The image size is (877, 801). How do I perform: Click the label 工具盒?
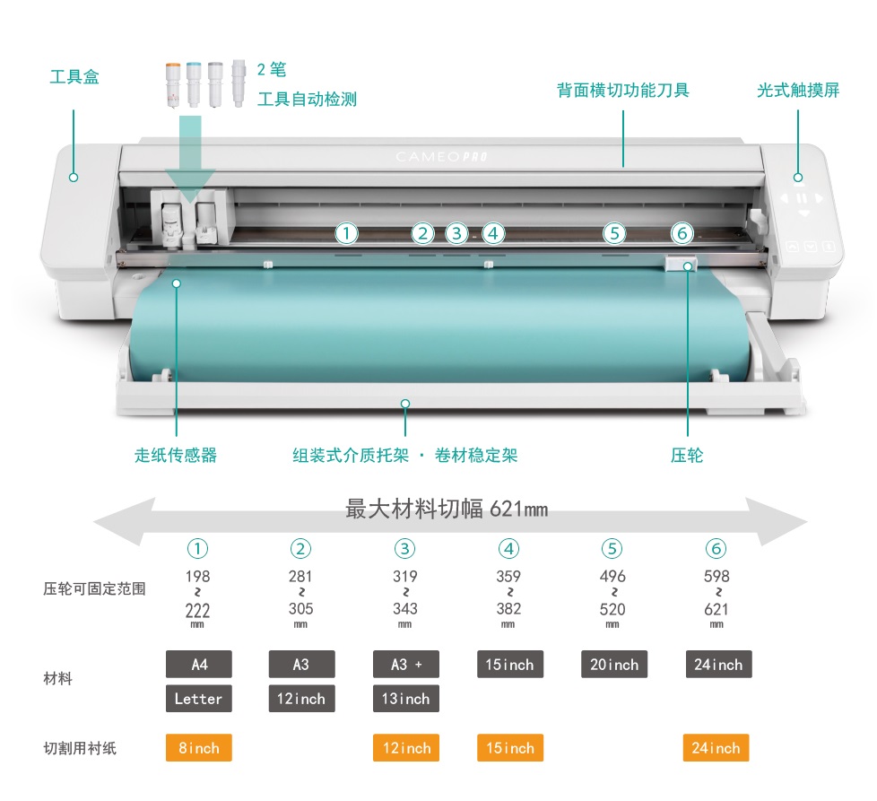pos(74,77)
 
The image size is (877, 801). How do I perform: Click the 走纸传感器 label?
pos(176,456)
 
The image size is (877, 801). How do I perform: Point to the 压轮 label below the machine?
pos(687,456)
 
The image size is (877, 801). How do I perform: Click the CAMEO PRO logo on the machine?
pos(441,157)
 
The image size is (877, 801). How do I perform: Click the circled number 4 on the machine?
pos(493,234)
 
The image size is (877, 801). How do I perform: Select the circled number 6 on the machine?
pos(682,234)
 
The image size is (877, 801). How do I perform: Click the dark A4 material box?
pos(199,665)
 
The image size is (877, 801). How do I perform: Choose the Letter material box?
pos(199,699)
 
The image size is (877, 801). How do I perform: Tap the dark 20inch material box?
pos(614,665)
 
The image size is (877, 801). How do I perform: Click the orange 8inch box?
pos(199,748)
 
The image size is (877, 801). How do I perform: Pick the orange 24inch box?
pos(716,748)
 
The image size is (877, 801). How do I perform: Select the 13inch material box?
pos(406,699)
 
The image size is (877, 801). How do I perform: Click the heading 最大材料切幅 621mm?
pos(447,510)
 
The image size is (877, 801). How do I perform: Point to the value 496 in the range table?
pos(612,577)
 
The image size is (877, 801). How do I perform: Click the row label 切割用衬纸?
pos(80,748)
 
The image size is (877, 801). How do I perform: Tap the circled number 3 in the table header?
pos(405,549)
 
